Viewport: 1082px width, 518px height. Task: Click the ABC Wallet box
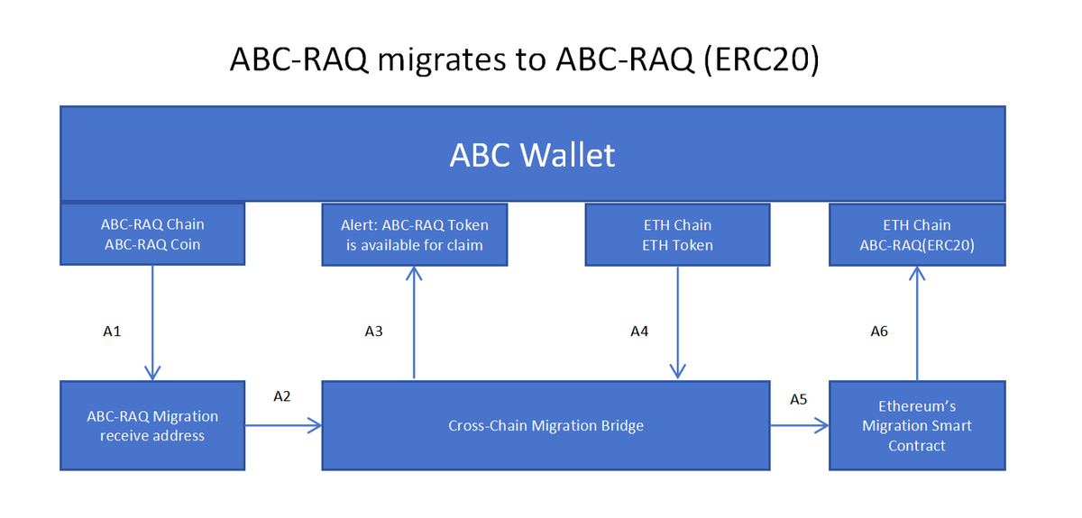click(x=532, y=154)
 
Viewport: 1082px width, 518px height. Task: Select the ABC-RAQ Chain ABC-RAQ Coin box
click(x=152, y=234)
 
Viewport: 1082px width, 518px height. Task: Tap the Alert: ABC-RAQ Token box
click(x=414, y=234)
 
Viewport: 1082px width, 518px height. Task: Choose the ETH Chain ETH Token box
click(x=677, y=234)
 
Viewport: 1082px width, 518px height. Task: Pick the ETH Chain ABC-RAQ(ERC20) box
click(x=916, y=234)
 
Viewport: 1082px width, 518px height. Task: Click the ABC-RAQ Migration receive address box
click(x=152, y=425)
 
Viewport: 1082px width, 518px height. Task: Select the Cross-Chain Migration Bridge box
click(x=546, y=425)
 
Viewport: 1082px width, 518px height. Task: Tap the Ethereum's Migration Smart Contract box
click(x=916, y=425)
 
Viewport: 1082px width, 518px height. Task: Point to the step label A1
click(x=112, y=332)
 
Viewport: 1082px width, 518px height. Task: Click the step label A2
click(x=281, y=395)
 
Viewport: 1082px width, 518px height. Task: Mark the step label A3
click(x=373, y=332)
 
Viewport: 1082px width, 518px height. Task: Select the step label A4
click(x=638, y=332)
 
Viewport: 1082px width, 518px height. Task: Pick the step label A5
click(x=798, y=398)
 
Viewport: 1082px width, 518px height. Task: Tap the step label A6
click(x=879, y=332)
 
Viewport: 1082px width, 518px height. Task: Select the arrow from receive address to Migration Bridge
click(x=283, y=425)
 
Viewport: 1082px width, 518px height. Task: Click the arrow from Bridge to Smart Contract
click(x=799, y=425)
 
